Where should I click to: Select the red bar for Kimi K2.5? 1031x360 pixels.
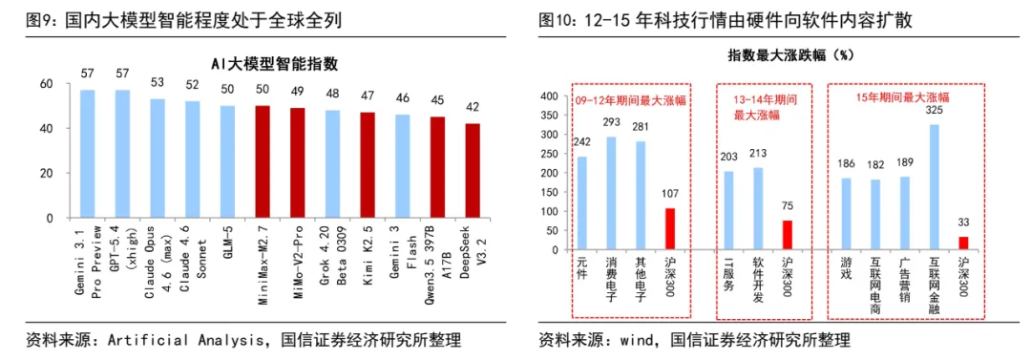(x=368, y=164)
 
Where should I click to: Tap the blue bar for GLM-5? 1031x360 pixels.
(x=227, y=161)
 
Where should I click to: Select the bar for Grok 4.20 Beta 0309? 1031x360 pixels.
(x=332, y=163)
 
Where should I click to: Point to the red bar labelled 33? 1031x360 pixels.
(x=962, y=244)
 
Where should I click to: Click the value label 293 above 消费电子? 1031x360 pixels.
(x=612, y=123)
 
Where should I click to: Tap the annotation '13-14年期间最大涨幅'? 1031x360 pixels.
(x=757, y=106)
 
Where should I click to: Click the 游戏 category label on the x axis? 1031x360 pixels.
(x=846, y=268)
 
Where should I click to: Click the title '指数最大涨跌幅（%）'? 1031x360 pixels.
(x=778, y=55)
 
